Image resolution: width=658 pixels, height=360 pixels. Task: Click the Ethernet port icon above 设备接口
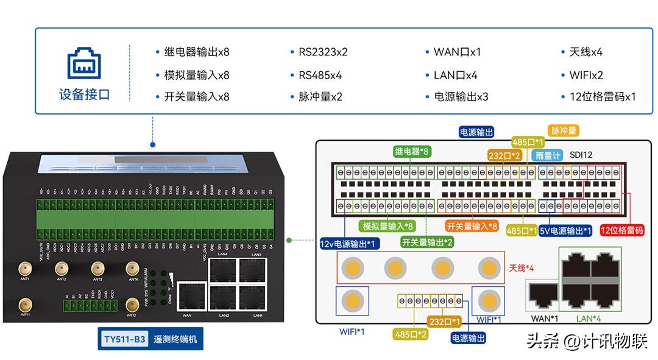pyautogui.click(x=84, y=63)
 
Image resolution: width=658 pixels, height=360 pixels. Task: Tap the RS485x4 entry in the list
pyautogui.click(x=320, y=76)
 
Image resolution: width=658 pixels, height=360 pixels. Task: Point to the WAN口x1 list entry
pyautogui.click(x=457, y=52)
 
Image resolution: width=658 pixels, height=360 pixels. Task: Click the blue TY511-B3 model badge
pyautogui.click(x=124, y=339)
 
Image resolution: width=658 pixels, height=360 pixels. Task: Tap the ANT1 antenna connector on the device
pyautogui.click(x=25, y=268)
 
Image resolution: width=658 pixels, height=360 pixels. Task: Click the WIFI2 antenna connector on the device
pyautogui.click(x=132, y=304)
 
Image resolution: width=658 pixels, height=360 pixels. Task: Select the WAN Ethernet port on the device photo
pyautogui.click(x=187, y=296)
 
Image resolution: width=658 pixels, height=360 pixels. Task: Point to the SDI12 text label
pyautogui.click(x=581, y=155)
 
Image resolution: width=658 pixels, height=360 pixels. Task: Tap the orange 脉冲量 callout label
pyautogui.click(x=564, y=130)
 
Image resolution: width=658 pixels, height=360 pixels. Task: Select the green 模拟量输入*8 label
pyautogui.click(x=388, y=226)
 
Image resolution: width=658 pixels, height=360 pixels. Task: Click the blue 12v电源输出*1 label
pyautogui.click(x=350, y=243)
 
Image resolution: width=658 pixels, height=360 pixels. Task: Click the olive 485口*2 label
pyautogui.click(x=409, y=333)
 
